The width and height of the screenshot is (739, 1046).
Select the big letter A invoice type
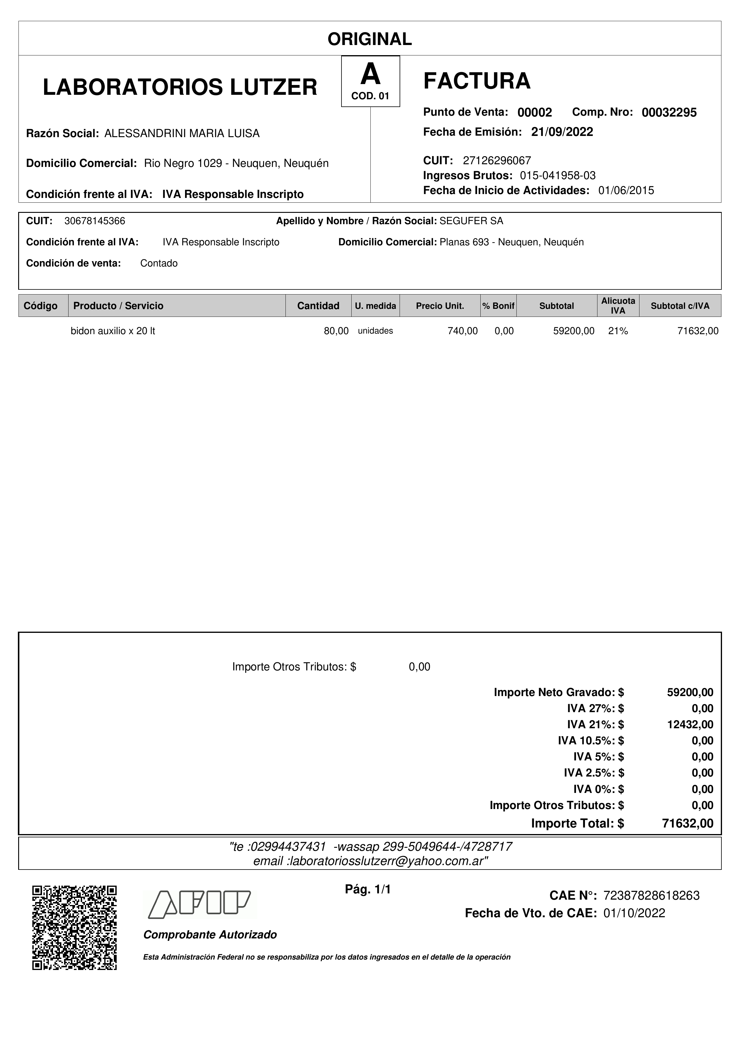tap(370, 74)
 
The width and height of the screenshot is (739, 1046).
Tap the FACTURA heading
tap(477, 81)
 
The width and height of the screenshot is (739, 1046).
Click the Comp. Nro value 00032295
tap(669, 112)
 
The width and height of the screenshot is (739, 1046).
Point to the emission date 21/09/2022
tap(562, 132)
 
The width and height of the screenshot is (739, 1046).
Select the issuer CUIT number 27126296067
tap(497, 160)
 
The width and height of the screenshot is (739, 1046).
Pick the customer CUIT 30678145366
tap(95, 221)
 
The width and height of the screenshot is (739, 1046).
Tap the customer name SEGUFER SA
tap(471, 221)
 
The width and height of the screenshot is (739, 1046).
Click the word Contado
tap(159, 263)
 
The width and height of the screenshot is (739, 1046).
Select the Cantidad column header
tap(318, 306)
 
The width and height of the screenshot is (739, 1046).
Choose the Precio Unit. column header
tap(440, 306)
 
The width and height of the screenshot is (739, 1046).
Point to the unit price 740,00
tap(462, 331)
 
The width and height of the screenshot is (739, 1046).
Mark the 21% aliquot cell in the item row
tap(618, 331)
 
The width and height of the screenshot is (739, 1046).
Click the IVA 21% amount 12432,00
tap(690, 724)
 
